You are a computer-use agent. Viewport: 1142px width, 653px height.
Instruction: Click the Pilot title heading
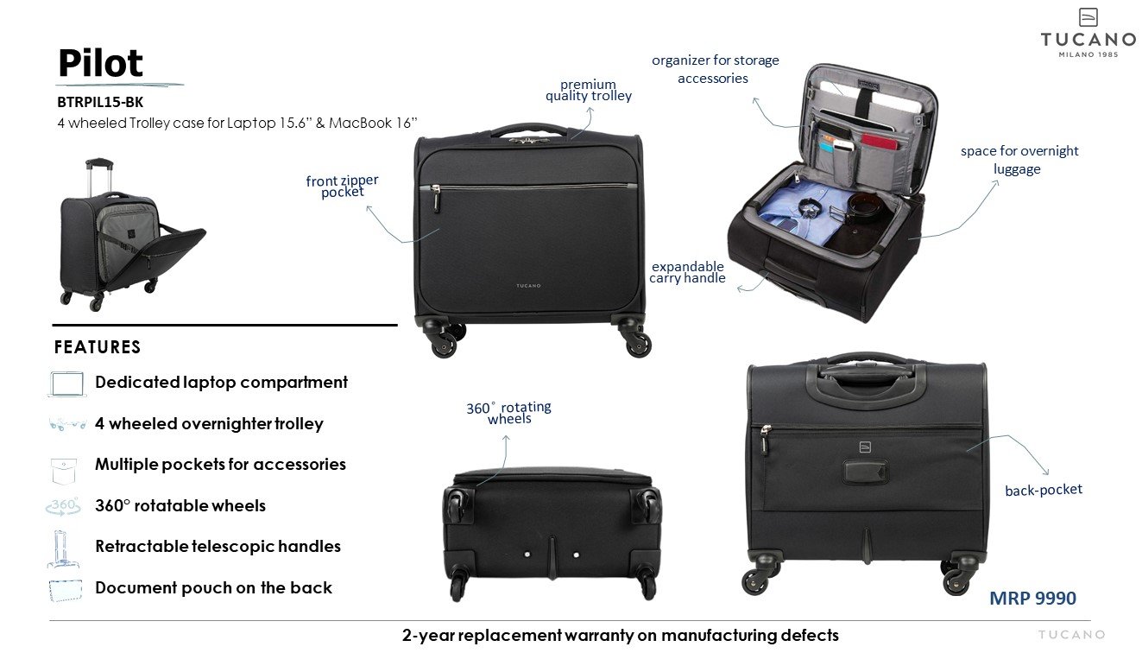[100, 63]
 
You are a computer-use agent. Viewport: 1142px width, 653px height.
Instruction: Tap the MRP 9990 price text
[1032, 598]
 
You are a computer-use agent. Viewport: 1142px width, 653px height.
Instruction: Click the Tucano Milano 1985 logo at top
[1088, 35]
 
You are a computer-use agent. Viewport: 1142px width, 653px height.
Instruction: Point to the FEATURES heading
[98, 347]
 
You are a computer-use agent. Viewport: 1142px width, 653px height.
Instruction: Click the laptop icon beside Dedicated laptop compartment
[67, 384]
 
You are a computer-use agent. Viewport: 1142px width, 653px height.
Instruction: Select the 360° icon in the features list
[64, 506]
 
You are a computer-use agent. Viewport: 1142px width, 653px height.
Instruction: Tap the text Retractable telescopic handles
[218, 547]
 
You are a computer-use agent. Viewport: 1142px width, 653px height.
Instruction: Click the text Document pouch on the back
[213, 588]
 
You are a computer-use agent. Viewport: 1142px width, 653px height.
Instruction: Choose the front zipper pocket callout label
[342, 187]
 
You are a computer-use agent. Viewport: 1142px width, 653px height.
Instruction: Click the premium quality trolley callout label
[588, 91]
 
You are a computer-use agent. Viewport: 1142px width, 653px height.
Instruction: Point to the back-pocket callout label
[1043, 490]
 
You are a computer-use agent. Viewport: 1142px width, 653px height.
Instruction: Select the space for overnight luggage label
[1019, 160]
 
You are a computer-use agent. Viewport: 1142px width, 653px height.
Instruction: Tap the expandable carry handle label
[687, 272]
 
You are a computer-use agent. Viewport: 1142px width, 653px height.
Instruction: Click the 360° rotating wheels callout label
[508, 413]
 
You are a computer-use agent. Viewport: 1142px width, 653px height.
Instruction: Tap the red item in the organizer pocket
[879, 141]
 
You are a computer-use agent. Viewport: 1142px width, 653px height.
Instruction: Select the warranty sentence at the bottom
[620, 636]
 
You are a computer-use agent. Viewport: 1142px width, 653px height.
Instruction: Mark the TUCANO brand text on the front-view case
[529, 286]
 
